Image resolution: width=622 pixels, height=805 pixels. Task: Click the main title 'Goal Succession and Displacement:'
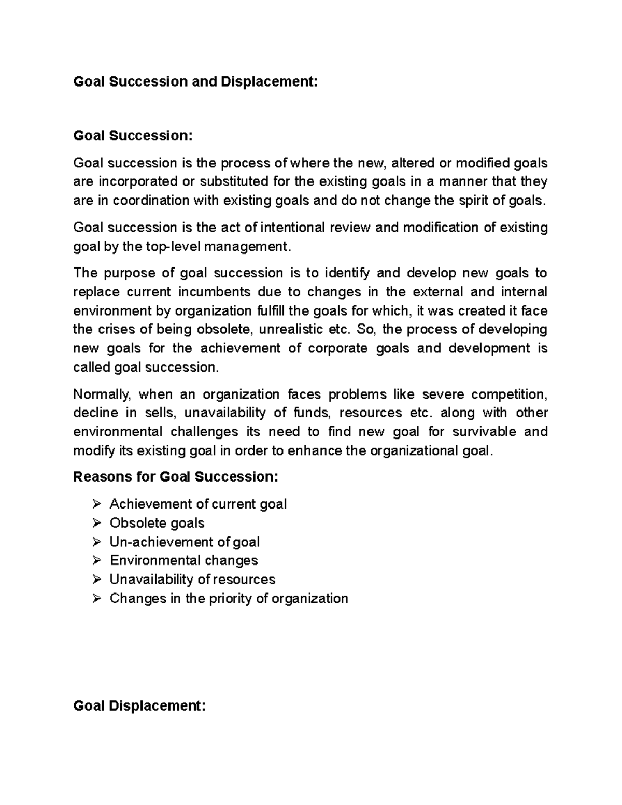(x=195, y=81)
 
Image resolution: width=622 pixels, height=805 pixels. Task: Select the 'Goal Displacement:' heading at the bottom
(x=139, y=705)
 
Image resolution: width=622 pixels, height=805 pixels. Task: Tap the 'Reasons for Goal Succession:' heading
(x=176, y=476)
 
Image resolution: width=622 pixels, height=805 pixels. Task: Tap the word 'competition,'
(x=509, y=394)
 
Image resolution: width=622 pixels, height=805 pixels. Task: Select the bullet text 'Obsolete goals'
(x=157, y=523)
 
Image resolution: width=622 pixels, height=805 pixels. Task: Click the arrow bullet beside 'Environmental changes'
(x=96, y=560)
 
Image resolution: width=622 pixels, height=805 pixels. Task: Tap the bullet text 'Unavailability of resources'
(x=192, y=579)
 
